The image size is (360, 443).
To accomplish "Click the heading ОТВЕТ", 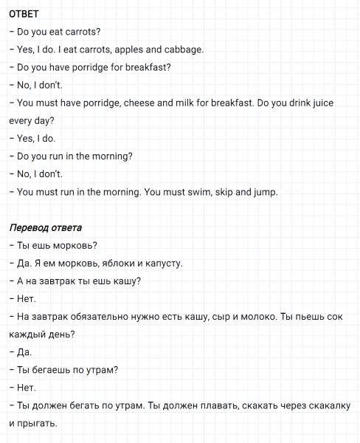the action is point(24,14).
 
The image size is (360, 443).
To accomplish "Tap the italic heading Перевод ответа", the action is point(45,227).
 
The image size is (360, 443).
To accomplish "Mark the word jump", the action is point(266,192).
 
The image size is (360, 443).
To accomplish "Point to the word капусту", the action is point(162,263).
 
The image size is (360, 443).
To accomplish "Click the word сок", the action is point(334,317).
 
